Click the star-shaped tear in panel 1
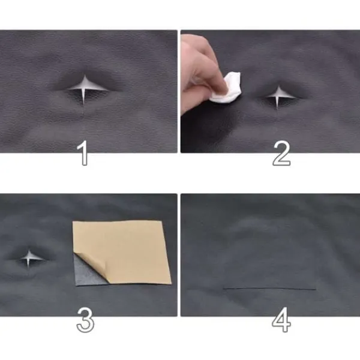click(85, 89)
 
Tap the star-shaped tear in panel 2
click(278, 97)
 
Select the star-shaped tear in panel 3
click(29, 259)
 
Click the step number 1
click(83, 153)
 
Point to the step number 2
click(281, 154)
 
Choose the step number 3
click(85, 320)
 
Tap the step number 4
click(281, 320)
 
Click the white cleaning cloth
click(227, 88)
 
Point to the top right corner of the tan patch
click(162, 221)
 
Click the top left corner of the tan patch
click(73, 221)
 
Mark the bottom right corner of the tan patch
click(171, 284)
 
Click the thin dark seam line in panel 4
click(269, 289)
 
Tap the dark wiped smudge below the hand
click(209, 131)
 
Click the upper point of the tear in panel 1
click(85, 76)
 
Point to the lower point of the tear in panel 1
click(83, 104)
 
